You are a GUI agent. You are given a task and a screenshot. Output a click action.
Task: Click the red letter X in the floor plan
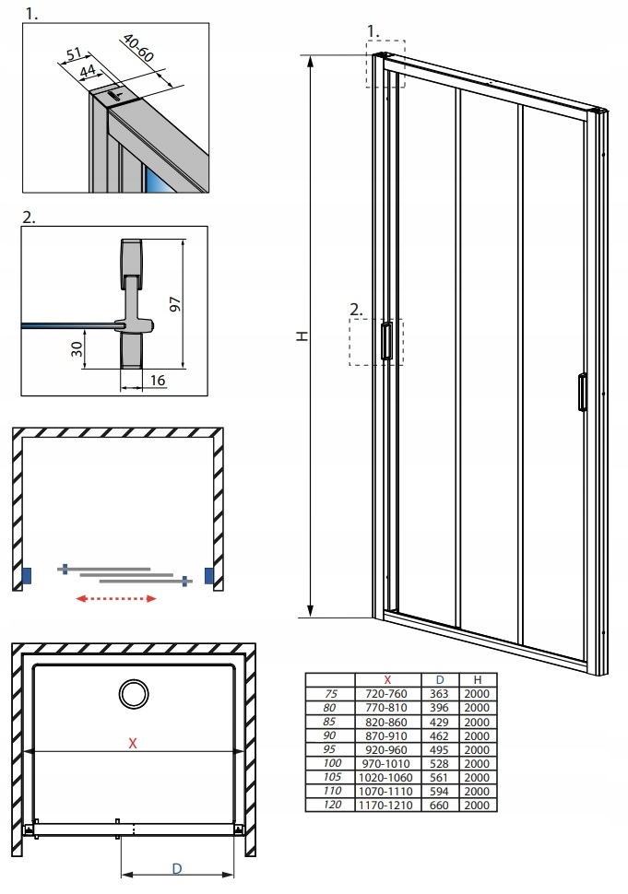pyautogui.click(x=133, y=743)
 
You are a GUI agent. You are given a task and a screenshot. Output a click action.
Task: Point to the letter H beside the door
pyautogui.click(x=301, y=338)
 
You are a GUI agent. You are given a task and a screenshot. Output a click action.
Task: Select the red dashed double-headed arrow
pyautogui.click(x=115, y=598)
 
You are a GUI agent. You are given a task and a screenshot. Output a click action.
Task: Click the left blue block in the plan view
pyautogui.click(x=28, y=577)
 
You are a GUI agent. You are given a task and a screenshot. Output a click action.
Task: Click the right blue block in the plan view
pyautogui.click(x=210, y=577)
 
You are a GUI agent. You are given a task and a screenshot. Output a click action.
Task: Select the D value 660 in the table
pyautogui.click(x=440, y=805)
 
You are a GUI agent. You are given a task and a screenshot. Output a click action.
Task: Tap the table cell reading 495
pyautogui.click(x=440, y=749)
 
